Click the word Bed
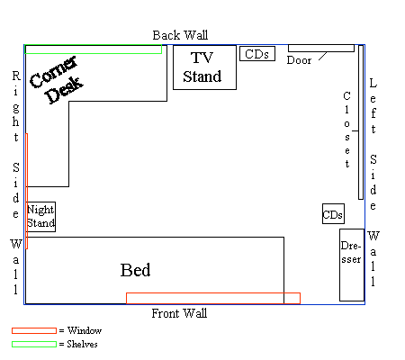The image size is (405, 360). tap(135, 270)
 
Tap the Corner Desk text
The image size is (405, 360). tap(57, 80)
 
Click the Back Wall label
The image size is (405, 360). tap(180, 35)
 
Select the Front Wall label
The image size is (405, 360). tap(179, 313)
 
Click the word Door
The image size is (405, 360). tap(299, 60)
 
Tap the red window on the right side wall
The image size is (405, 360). tap(27, 191)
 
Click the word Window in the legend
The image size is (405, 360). tap(85, 330)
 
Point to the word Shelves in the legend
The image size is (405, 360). tap(82, 344)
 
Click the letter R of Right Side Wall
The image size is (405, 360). tap(16, 76)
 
